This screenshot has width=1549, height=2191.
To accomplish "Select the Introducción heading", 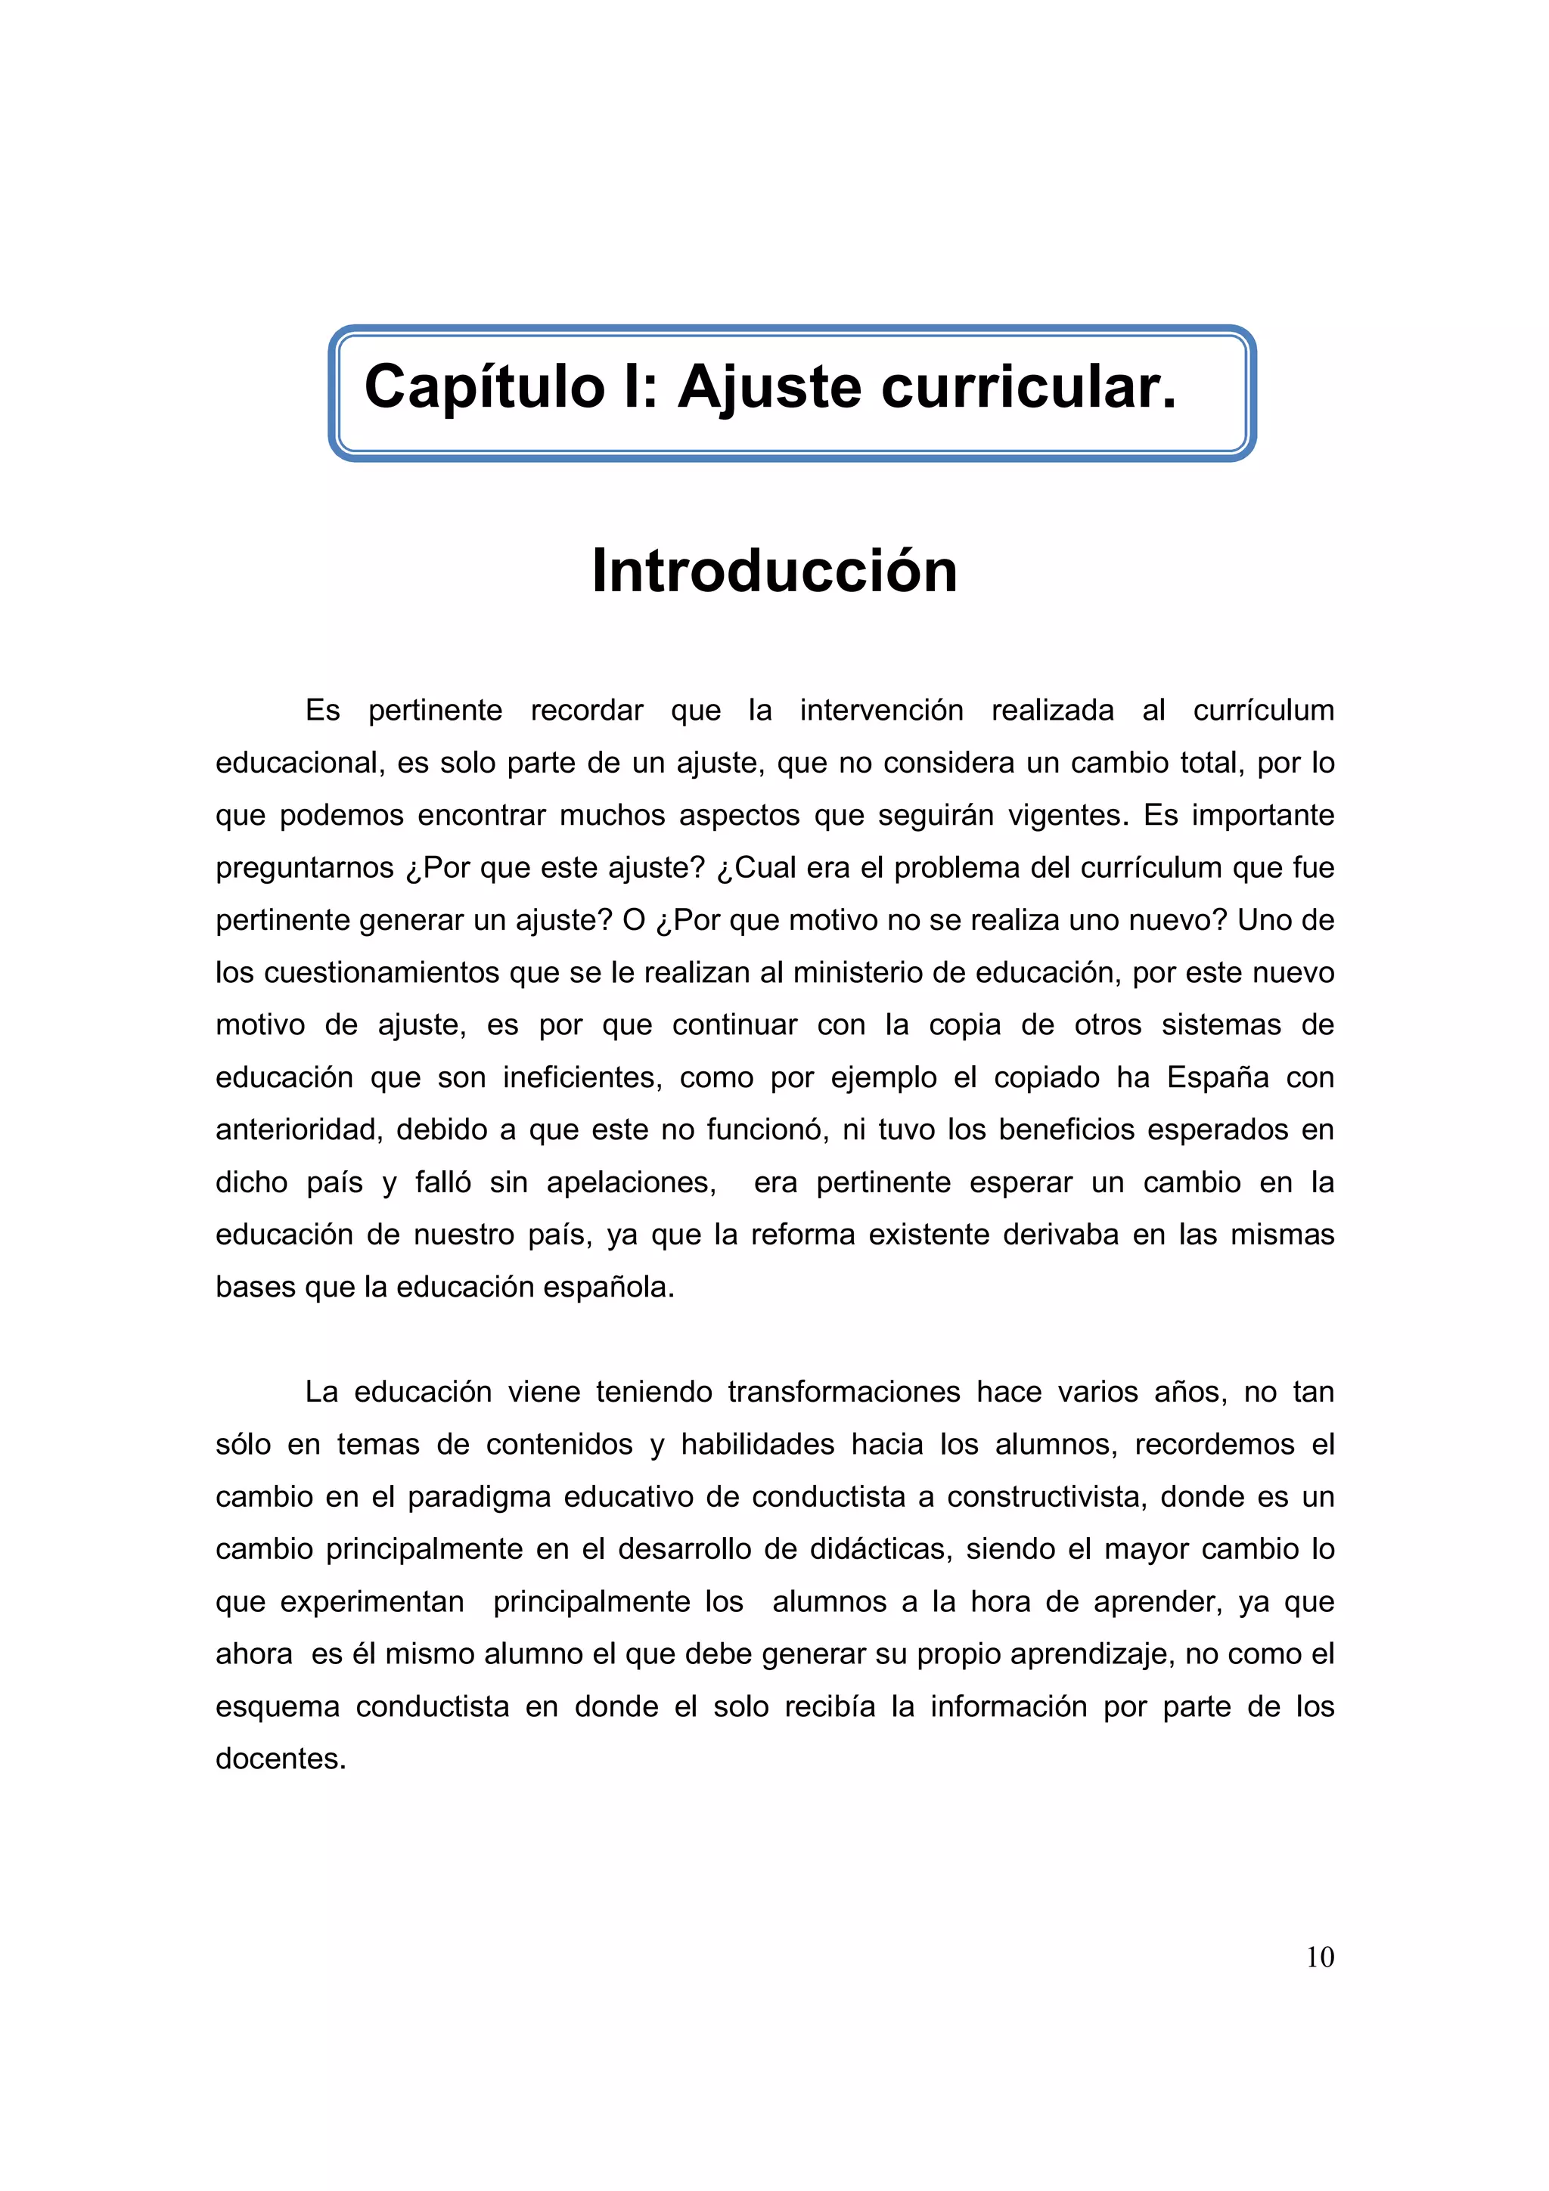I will point(774,572).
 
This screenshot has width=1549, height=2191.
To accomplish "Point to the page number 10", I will point(1319,1957).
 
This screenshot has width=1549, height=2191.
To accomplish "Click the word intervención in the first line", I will point(881,711).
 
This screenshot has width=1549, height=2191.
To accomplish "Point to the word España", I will point(1217,1078).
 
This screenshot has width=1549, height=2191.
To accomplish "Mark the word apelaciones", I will point(631,1183).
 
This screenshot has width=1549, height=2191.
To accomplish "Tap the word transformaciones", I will point(843,1393).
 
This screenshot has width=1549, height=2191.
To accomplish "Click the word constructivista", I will point(1045,1498).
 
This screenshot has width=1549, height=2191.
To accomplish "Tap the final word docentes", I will point(280,1759).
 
